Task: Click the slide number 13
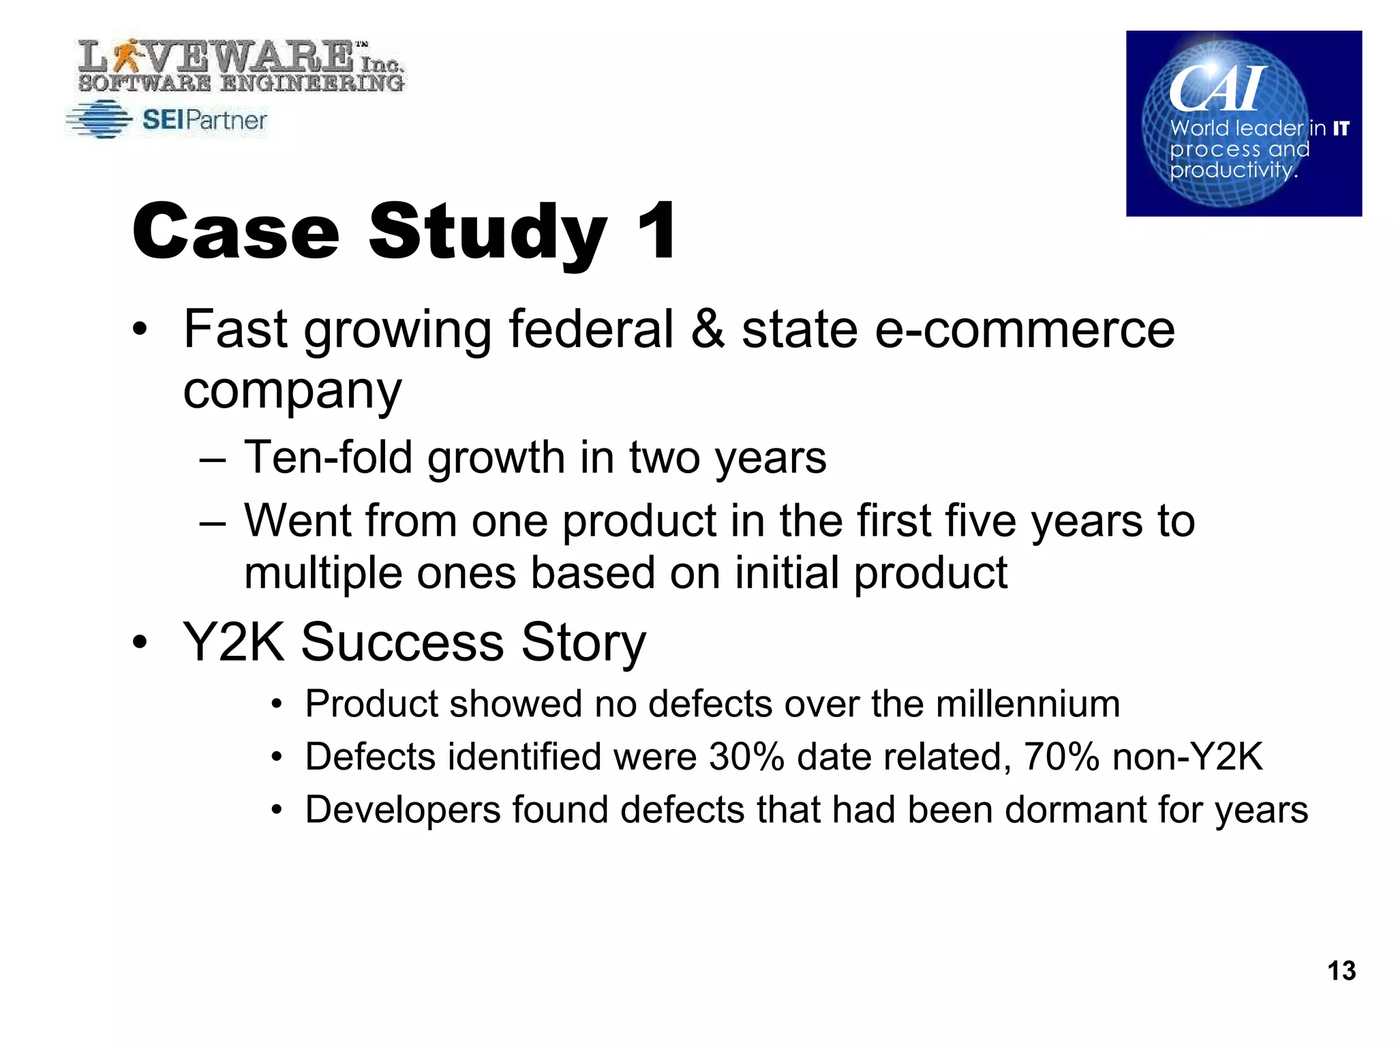point(1341,970)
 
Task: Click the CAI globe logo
point(1243,123)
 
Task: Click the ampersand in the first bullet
point(708,329)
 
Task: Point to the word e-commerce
point(1026,329)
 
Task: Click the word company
point(292,391)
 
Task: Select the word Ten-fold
point(328,457)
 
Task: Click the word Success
point(402,642)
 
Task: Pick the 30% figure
point(746,757)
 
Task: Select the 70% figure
point(1061,757)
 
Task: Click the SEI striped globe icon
point(100,120)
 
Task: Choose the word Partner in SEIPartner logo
point(226,121)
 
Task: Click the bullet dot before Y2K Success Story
point(140,642)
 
